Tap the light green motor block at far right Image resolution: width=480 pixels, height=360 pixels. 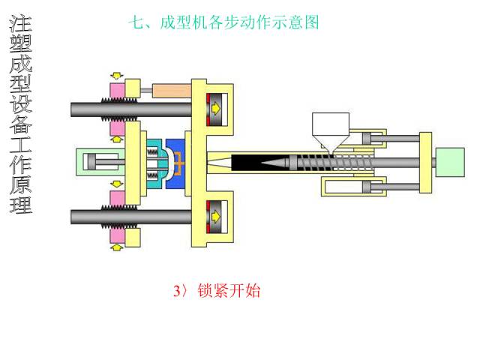click(448, 161)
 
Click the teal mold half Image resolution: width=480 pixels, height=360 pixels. click(155, 160)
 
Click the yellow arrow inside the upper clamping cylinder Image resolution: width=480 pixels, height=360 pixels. click(216, 107)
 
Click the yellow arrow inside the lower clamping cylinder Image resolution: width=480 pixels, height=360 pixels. click(216, 217)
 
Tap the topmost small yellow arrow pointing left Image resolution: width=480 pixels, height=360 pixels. click(116, 76)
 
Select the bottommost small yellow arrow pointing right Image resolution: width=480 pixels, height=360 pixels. click(118, 246)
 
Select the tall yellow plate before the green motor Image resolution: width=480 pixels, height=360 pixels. click(424, 161)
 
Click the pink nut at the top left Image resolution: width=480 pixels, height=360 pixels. click(118, 90)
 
